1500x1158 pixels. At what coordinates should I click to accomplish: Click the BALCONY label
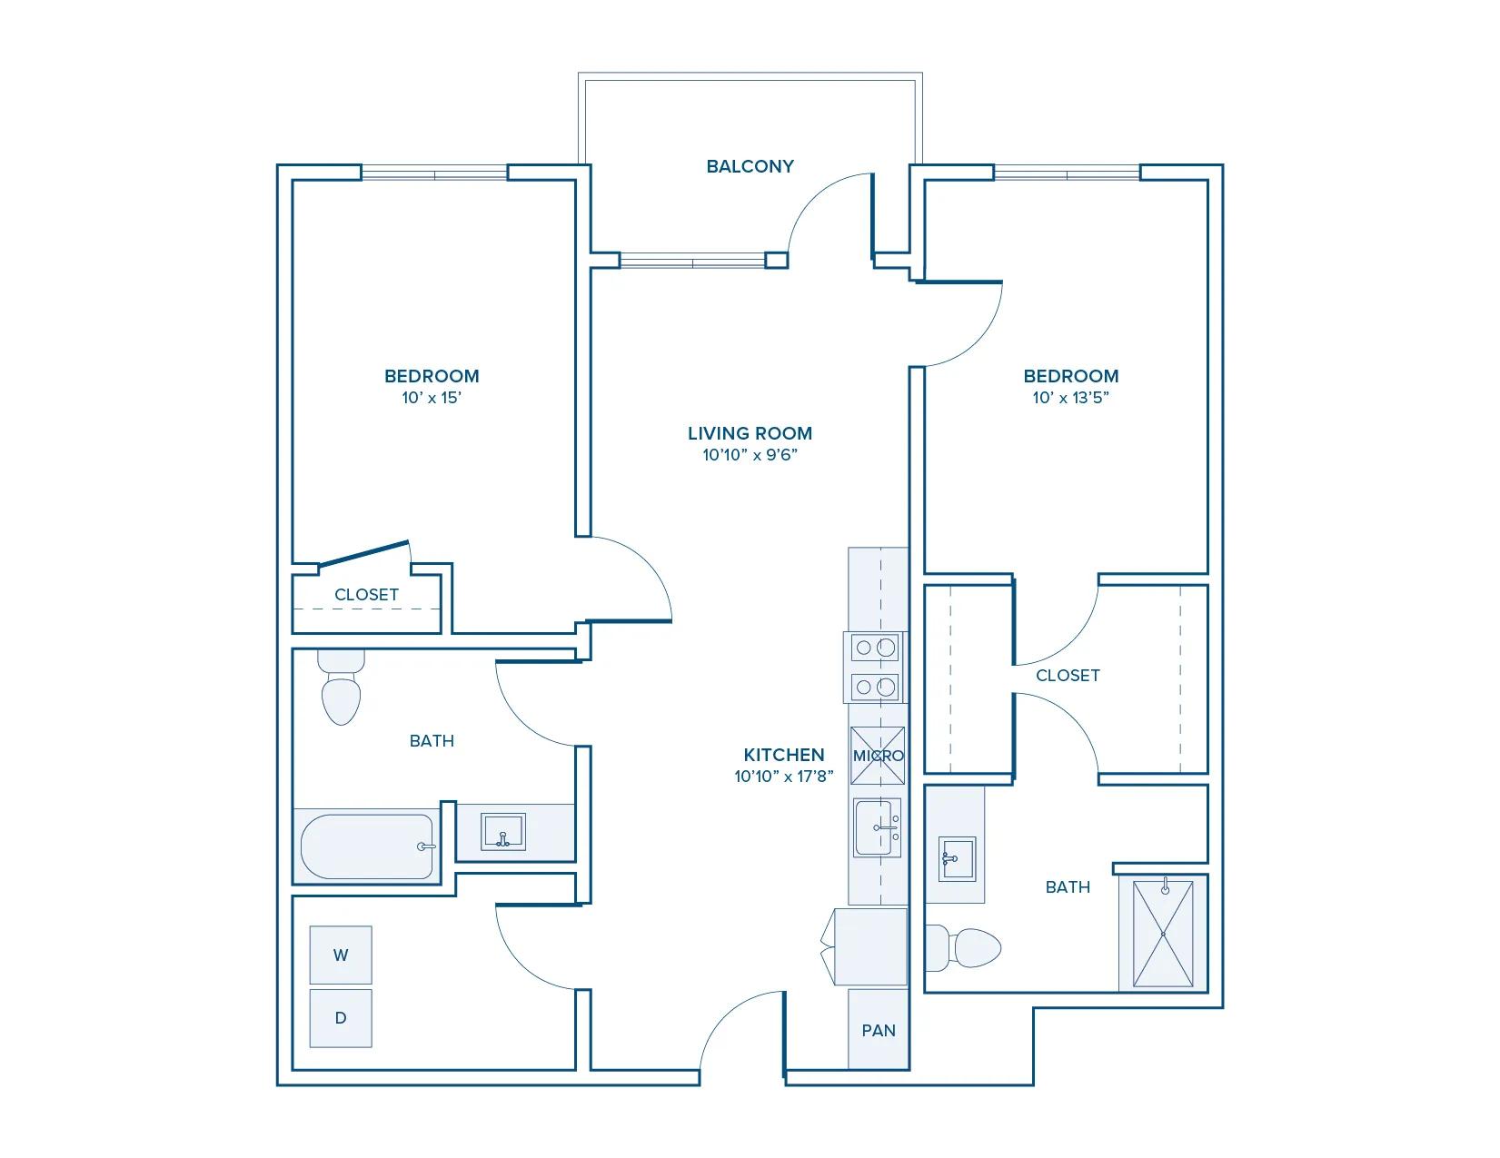click(x=750, y=166)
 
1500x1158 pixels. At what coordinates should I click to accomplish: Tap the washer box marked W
click(x=341, y=955)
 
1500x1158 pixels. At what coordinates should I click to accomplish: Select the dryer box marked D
click(x=341, y=1018)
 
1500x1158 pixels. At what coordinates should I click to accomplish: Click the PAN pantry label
click(x=878, y=1030)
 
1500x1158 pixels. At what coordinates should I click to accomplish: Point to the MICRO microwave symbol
click(x=878, y=756)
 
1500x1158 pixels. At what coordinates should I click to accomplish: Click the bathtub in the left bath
click(x=367, y=846)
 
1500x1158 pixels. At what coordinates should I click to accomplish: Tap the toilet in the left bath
click(x=341, y=695)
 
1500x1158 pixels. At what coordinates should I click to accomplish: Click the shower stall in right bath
click(x=1163, y=933)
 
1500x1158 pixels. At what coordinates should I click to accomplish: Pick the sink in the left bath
click(x=502, y=832)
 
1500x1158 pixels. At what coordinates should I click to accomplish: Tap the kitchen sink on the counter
click(x=877, y=827)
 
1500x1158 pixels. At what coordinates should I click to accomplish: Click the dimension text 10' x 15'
click(x=432, y=398)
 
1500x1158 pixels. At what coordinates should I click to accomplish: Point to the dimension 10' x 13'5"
click(x=1070, y=398)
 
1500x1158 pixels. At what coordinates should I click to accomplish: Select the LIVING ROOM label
click(x=750, y=433)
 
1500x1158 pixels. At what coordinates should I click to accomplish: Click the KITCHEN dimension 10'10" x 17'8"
click(x=783, y=777)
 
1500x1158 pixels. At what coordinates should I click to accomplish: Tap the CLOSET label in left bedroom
click(x=366, y=595)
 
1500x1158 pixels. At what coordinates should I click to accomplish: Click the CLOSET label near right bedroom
click(x=1068, y=675)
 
